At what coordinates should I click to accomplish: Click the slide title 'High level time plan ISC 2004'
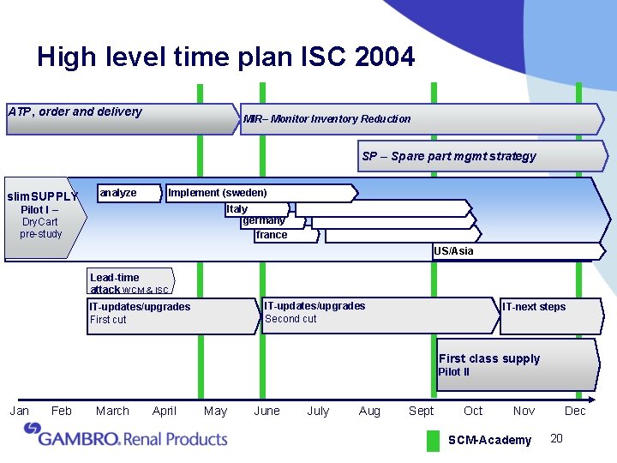[x=225, y=57]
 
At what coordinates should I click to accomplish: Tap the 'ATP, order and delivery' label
[x=75, y=111]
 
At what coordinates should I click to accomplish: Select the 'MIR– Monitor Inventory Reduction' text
[x=326, y=119]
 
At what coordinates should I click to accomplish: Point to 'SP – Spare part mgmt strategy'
[x=448, y=156]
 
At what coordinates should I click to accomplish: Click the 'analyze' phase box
[x=118, y=193]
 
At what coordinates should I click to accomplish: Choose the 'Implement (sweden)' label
[x=218, y=193]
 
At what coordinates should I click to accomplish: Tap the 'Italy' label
[x=237, y=208]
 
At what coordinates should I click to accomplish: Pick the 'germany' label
[x=264, y=221]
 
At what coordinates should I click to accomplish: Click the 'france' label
[x=272, y=235]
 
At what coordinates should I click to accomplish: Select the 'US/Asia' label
[x=453, y=251]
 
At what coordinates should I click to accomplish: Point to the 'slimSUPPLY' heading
[x=42, y=196]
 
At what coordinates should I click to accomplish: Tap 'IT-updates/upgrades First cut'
[x=141, y=313]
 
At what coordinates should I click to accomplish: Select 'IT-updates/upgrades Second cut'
[x=315, y=312]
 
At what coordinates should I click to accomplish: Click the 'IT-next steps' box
[x=534, y=307]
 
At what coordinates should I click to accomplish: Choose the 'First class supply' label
[x=489, y=359]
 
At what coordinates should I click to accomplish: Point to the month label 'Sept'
[x=421, y=411]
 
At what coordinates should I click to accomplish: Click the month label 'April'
[x=164, y=411]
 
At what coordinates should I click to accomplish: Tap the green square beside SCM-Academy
[x=433, y=440]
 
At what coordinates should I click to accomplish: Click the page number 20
[x=556, y=439]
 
